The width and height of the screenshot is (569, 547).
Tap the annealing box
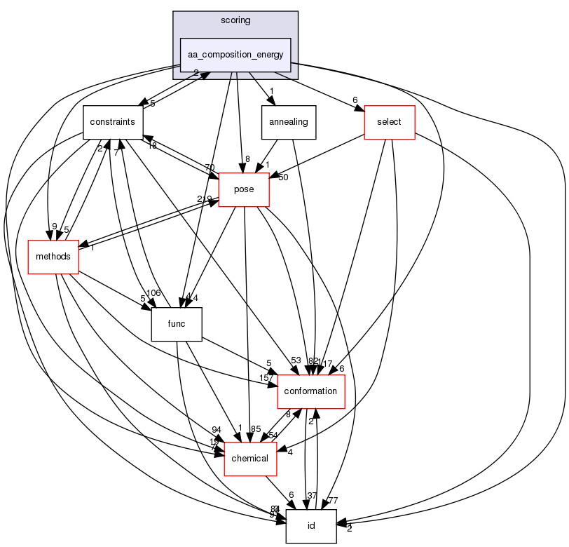tap(289, 122)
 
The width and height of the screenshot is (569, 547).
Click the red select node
tap(389, 122)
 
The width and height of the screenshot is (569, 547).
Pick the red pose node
tap(244, 189)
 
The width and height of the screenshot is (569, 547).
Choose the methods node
tap(53, 256)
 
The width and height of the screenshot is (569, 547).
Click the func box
tap(177, 324)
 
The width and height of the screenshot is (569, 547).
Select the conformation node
tap(311, 391)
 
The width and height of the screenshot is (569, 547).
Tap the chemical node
tap(249, 458)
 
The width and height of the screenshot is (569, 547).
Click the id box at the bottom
tap(310, 526)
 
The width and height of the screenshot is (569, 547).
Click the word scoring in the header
tap(235, 20)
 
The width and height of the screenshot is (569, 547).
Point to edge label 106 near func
tap(153, 293)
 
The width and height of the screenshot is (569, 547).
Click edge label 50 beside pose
tap(284, 177)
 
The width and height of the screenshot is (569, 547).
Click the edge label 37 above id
tap(312, 496)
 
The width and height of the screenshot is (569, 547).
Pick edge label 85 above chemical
tap(256, 429)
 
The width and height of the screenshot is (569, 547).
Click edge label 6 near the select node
tap(355, 100)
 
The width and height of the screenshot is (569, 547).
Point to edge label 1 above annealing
tap(271, 90)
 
